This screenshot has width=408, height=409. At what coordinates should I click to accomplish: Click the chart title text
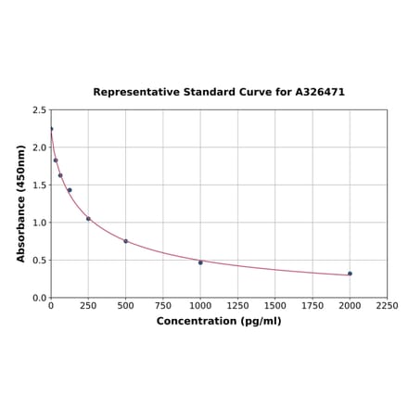219,93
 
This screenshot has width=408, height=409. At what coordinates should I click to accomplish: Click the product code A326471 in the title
320,93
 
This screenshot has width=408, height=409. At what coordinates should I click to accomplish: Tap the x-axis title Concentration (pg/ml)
219,321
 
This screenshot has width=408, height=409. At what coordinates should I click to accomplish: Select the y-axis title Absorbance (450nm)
21,203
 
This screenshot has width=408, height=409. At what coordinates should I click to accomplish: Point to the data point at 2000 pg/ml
350,274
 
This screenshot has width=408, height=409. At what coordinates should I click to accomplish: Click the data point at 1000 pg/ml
200,262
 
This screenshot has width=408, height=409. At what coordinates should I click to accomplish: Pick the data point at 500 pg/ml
126,241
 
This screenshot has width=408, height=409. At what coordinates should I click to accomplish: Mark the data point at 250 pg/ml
88,219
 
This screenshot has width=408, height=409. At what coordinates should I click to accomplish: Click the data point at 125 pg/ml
70,190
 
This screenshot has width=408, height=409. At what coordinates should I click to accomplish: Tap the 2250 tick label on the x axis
387,305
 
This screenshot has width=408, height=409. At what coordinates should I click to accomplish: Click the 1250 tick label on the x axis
237,305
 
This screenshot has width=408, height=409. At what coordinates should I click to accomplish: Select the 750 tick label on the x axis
163,305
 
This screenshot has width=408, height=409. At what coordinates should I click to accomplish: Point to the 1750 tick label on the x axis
312,305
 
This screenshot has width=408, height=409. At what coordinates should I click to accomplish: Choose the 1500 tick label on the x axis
275,305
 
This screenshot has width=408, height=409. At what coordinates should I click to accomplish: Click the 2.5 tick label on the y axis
40,110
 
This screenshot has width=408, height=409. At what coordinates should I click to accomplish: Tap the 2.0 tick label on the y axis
40,147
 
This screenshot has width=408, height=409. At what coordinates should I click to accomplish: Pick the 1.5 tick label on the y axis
40,185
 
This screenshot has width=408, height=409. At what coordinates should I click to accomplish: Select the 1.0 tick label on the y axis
40,223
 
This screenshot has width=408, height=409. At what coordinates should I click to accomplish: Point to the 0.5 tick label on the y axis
40,261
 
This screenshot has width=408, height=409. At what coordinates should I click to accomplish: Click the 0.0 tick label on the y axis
40,298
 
